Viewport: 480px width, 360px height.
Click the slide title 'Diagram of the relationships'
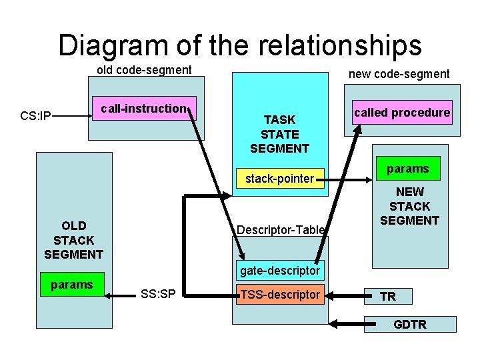[240, 45]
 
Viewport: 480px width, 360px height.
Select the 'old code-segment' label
[144, 70]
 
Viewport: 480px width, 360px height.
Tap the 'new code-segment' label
[399, 74]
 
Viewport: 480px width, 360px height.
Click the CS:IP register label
[36, 117]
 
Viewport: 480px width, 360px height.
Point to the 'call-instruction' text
[143, 109]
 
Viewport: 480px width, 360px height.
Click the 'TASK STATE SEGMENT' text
[279, 134]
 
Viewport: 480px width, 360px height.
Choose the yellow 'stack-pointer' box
[279, 179]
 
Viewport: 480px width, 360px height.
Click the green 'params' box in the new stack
[407, 169]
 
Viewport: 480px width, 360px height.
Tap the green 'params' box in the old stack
[72, 285]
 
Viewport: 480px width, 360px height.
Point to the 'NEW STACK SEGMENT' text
[409, 207]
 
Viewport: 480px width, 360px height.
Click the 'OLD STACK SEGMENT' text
[73, 240]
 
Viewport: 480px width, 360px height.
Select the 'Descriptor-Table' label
[281, 230]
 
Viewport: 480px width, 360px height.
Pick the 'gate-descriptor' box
[281, 271]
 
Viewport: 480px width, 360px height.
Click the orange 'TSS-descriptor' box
[281, 295]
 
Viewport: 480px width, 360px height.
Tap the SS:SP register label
[158, 295]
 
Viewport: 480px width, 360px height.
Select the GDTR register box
[410, 325]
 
